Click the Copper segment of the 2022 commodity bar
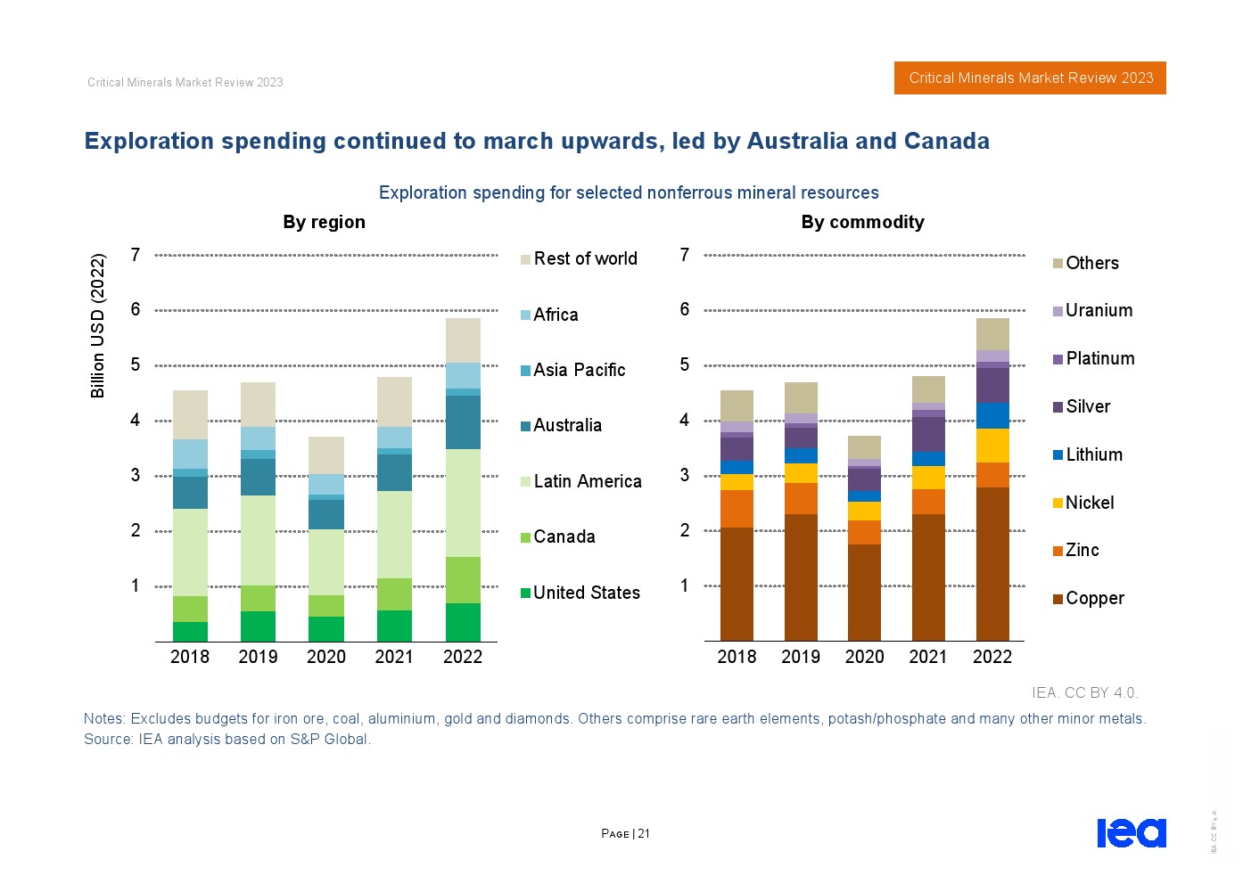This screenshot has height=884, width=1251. (x=992, y=563)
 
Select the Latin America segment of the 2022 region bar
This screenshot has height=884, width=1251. (x=463, y=503)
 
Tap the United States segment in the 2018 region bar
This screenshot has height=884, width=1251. (x=190, y=631)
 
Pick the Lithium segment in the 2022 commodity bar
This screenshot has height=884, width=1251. (x=992, y=415)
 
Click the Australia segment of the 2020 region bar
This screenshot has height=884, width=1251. (x=326, y=514)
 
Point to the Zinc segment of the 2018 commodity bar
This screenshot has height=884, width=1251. (x=737, y=508)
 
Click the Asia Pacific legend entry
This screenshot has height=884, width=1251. (x=579, y=370)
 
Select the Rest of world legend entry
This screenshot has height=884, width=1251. (x=585, y=258)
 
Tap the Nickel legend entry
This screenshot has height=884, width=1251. (x=1089, y=503)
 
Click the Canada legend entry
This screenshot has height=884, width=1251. (x=564, y=536)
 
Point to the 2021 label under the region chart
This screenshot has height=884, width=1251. (x=394, y=657)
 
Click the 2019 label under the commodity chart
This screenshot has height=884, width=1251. (x=801, y=657)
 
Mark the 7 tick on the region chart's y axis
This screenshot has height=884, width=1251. (x=136, y=255)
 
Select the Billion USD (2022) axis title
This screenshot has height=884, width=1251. (x=98, y=326)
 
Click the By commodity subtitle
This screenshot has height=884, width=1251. (x=862, y=222)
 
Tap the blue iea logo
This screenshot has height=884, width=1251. (x=1131, y=832)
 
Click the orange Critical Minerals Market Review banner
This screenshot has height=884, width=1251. (x=1030, y=78)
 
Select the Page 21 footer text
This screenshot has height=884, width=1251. (x=625, y=833)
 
